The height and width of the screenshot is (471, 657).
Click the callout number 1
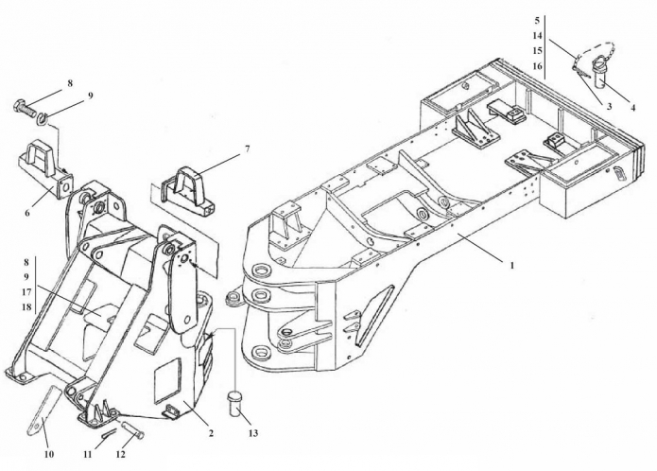coord(510,266)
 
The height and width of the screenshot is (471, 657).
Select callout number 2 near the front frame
coord(210,433)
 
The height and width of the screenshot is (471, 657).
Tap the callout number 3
coord(610,107)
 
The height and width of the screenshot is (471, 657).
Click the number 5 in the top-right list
coord(537,20)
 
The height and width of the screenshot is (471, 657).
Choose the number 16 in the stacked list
coord(537,66)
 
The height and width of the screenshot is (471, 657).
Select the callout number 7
coord(247,149)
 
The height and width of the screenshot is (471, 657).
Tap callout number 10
coord(48,455)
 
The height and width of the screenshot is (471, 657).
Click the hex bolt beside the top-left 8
coord(25,106)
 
